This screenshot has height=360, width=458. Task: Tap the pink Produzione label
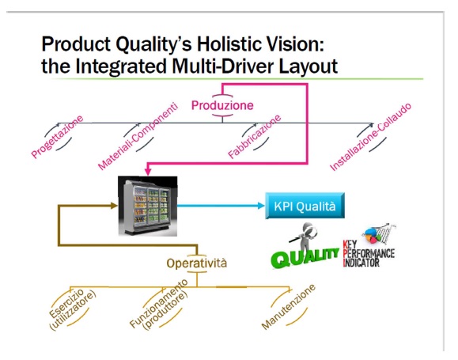[222, 105]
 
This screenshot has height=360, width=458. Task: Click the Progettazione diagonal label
[57, 137]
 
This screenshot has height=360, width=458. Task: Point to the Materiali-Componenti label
[138, 136]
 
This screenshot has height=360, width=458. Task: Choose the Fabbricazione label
[255, 136]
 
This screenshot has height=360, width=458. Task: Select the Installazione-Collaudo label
[370, 137]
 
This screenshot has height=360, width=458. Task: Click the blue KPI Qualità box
[305, 206]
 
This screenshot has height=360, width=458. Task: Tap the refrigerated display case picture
[147, 206]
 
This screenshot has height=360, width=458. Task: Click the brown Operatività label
[197, 263]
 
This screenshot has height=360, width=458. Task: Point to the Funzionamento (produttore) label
[158, 304]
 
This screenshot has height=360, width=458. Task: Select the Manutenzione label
[289, 306]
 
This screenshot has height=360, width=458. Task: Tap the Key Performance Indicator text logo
[369, 254]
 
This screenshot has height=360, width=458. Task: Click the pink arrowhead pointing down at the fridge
[148, 172]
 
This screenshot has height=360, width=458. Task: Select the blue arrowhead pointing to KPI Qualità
[261, 206]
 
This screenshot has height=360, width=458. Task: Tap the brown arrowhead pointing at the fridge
[114, 206]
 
